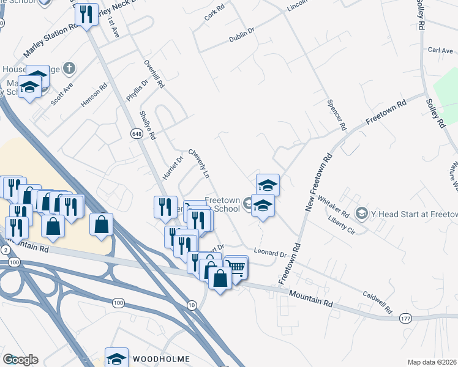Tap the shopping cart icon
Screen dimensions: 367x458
(x=236, y=266)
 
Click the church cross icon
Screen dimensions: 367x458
(x=70, y=67)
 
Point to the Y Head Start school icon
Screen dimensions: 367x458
(x=361, y=213)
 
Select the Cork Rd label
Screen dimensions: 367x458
(x=215, y=13)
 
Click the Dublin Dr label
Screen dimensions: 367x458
(x=242, y=37)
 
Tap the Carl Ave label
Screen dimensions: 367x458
(x=440, y=50)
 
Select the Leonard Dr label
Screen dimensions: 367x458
(x=271, y=253)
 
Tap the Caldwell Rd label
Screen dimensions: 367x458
(x=376, y=300)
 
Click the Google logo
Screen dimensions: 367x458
(x=20, y=360)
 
